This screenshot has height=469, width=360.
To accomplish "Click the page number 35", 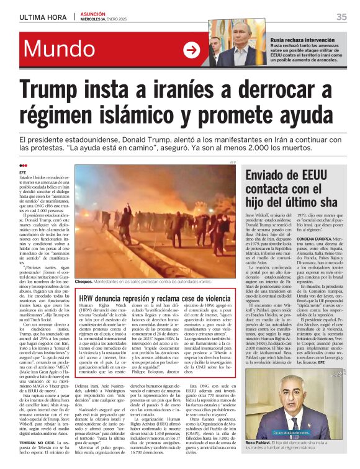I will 341,17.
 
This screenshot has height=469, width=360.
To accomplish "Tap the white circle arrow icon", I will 192,50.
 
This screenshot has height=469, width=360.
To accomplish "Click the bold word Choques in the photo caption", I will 83,281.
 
